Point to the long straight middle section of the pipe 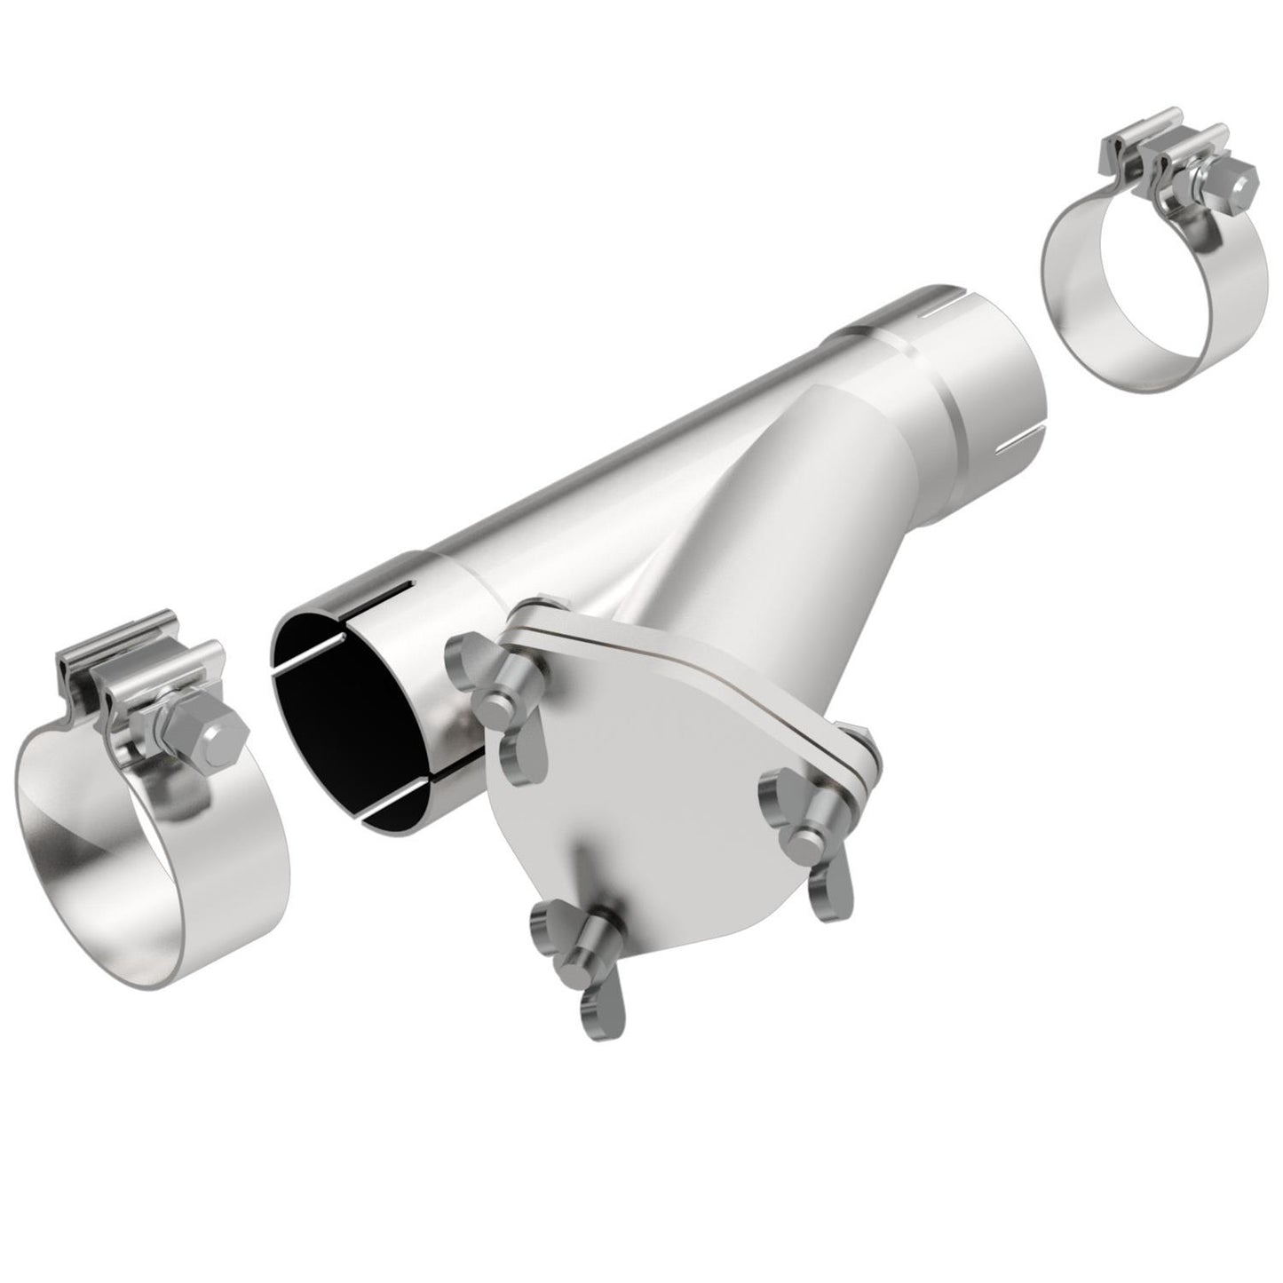(x=622, y=497)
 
